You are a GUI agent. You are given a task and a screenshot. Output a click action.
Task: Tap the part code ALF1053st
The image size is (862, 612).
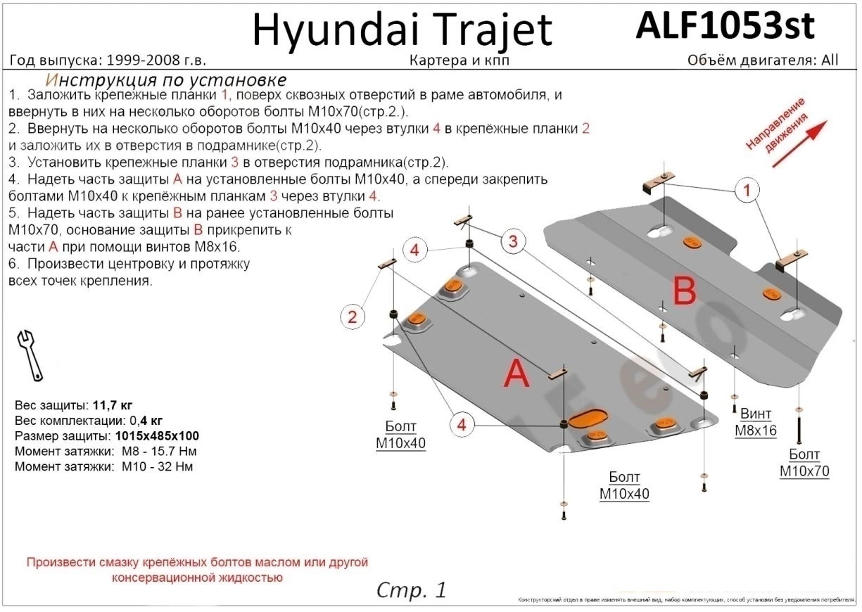(x=725, y=27)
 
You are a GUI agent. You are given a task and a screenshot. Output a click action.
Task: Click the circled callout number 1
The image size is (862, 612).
(x=747, y=190)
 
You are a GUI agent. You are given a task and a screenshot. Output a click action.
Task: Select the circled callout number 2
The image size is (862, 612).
(x=353, y=317)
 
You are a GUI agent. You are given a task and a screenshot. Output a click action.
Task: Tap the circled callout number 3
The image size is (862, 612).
(x=513, y=242)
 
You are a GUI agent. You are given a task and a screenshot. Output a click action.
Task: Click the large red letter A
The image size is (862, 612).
(x=517, y=375)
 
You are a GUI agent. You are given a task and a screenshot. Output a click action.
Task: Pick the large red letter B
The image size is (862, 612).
(x=684, y=291)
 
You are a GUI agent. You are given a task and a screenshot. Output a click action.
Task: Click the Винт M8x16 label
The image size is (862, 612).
(x=756, y=422)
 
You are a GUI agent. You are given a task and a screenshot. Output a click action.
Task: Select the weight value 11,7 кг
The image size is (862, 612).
(x=113, y=406)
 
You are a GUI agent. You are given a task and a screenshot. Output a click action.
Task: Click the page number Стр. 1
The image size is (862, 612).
(x=412, y=589)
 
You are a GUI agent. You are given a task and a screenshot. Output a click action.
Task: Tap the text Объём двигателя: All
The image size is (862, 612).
(x=763, y=60)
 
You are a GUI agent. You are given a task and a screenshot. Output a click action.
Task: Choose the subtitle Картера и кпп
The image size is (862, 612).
(x=459, y=60)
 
